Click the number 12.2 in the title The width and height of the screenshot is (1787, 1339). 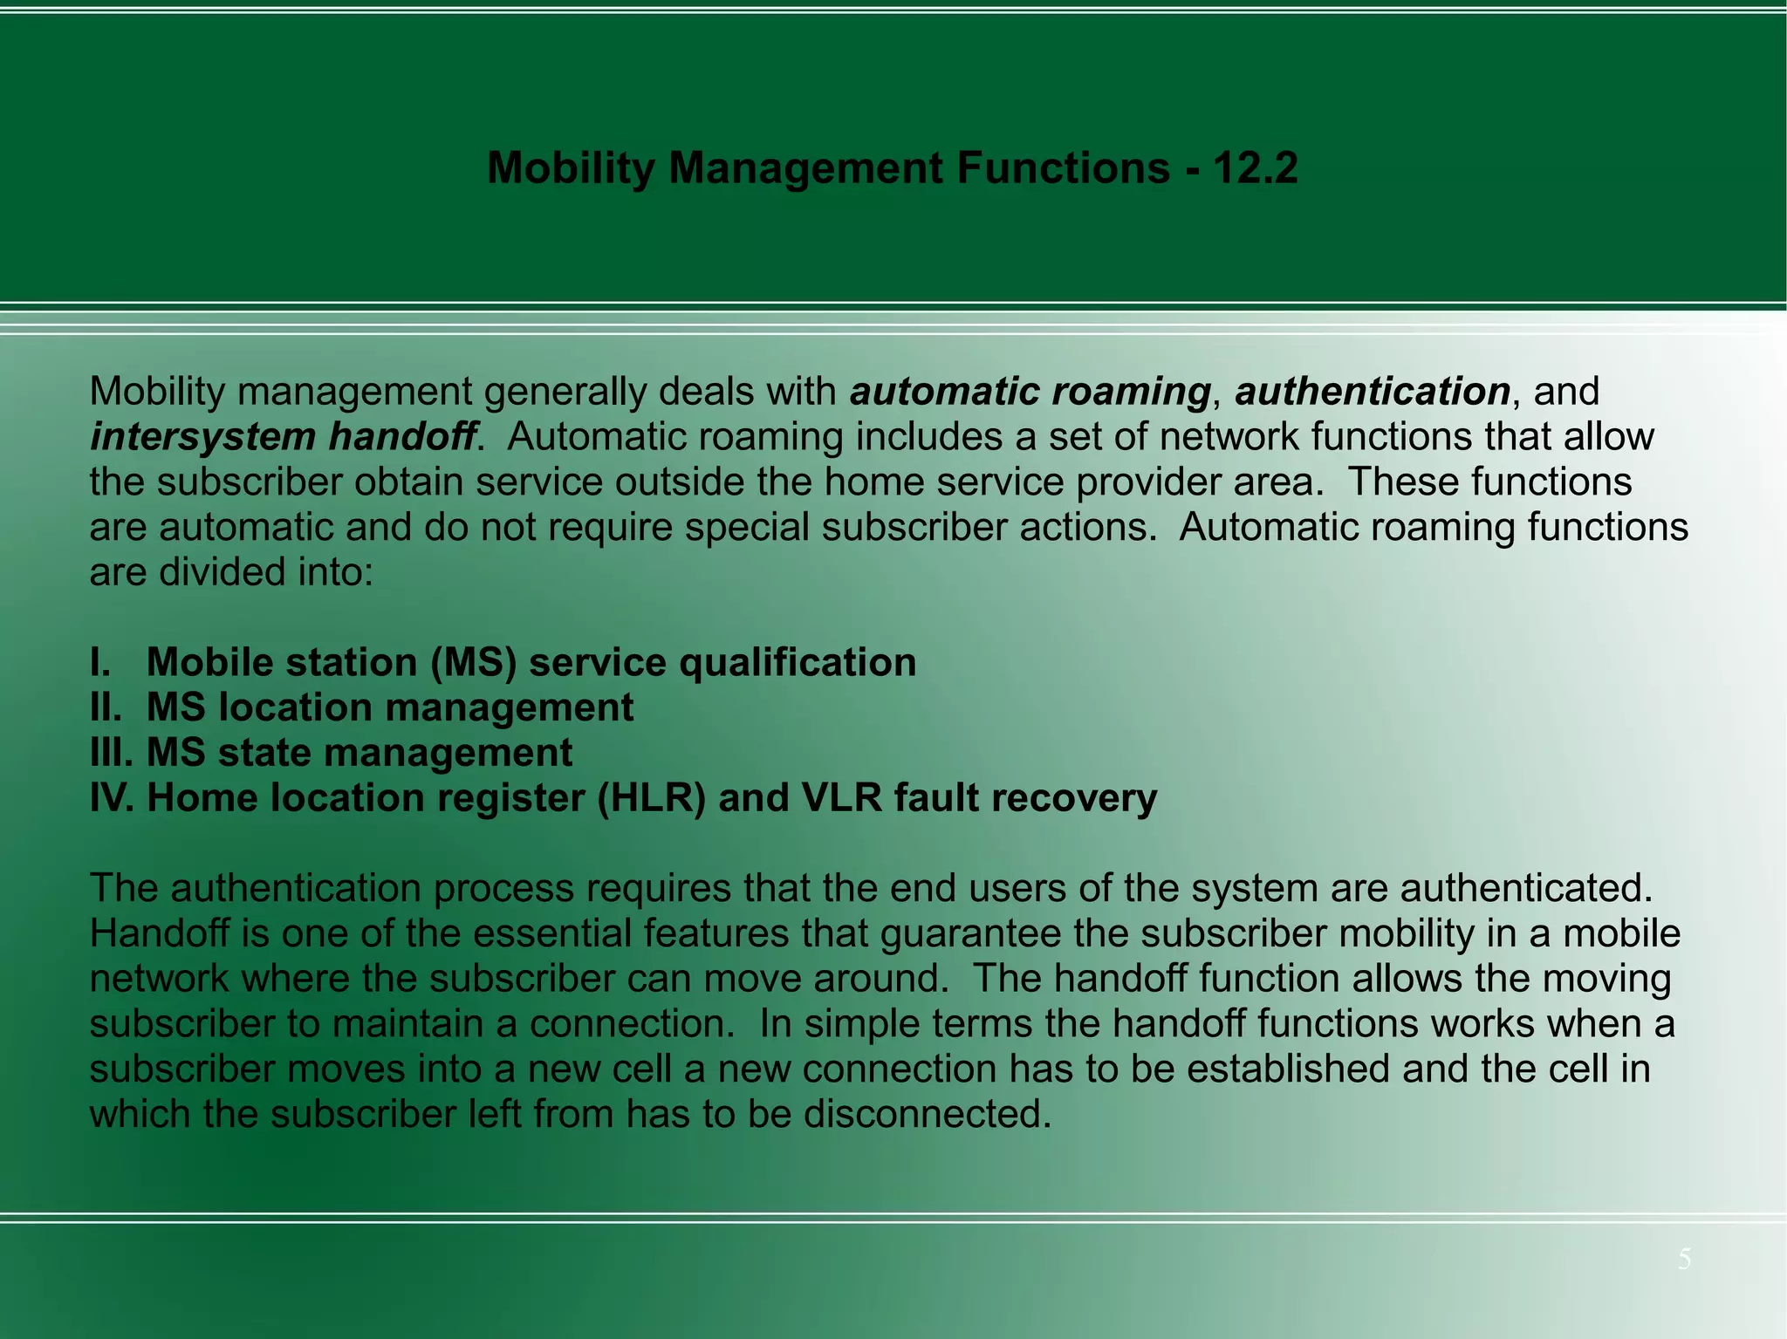pos(1254,167)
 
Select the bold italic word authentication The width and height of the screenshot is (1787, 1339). pos(1373,392)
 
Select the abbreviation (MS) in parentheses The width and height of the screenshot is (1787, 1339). pos(473,663)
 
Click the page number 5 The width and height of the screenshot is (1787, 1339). pos(1684,1259)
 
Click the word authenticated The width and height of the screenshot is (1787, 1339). pos(1527,888)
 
